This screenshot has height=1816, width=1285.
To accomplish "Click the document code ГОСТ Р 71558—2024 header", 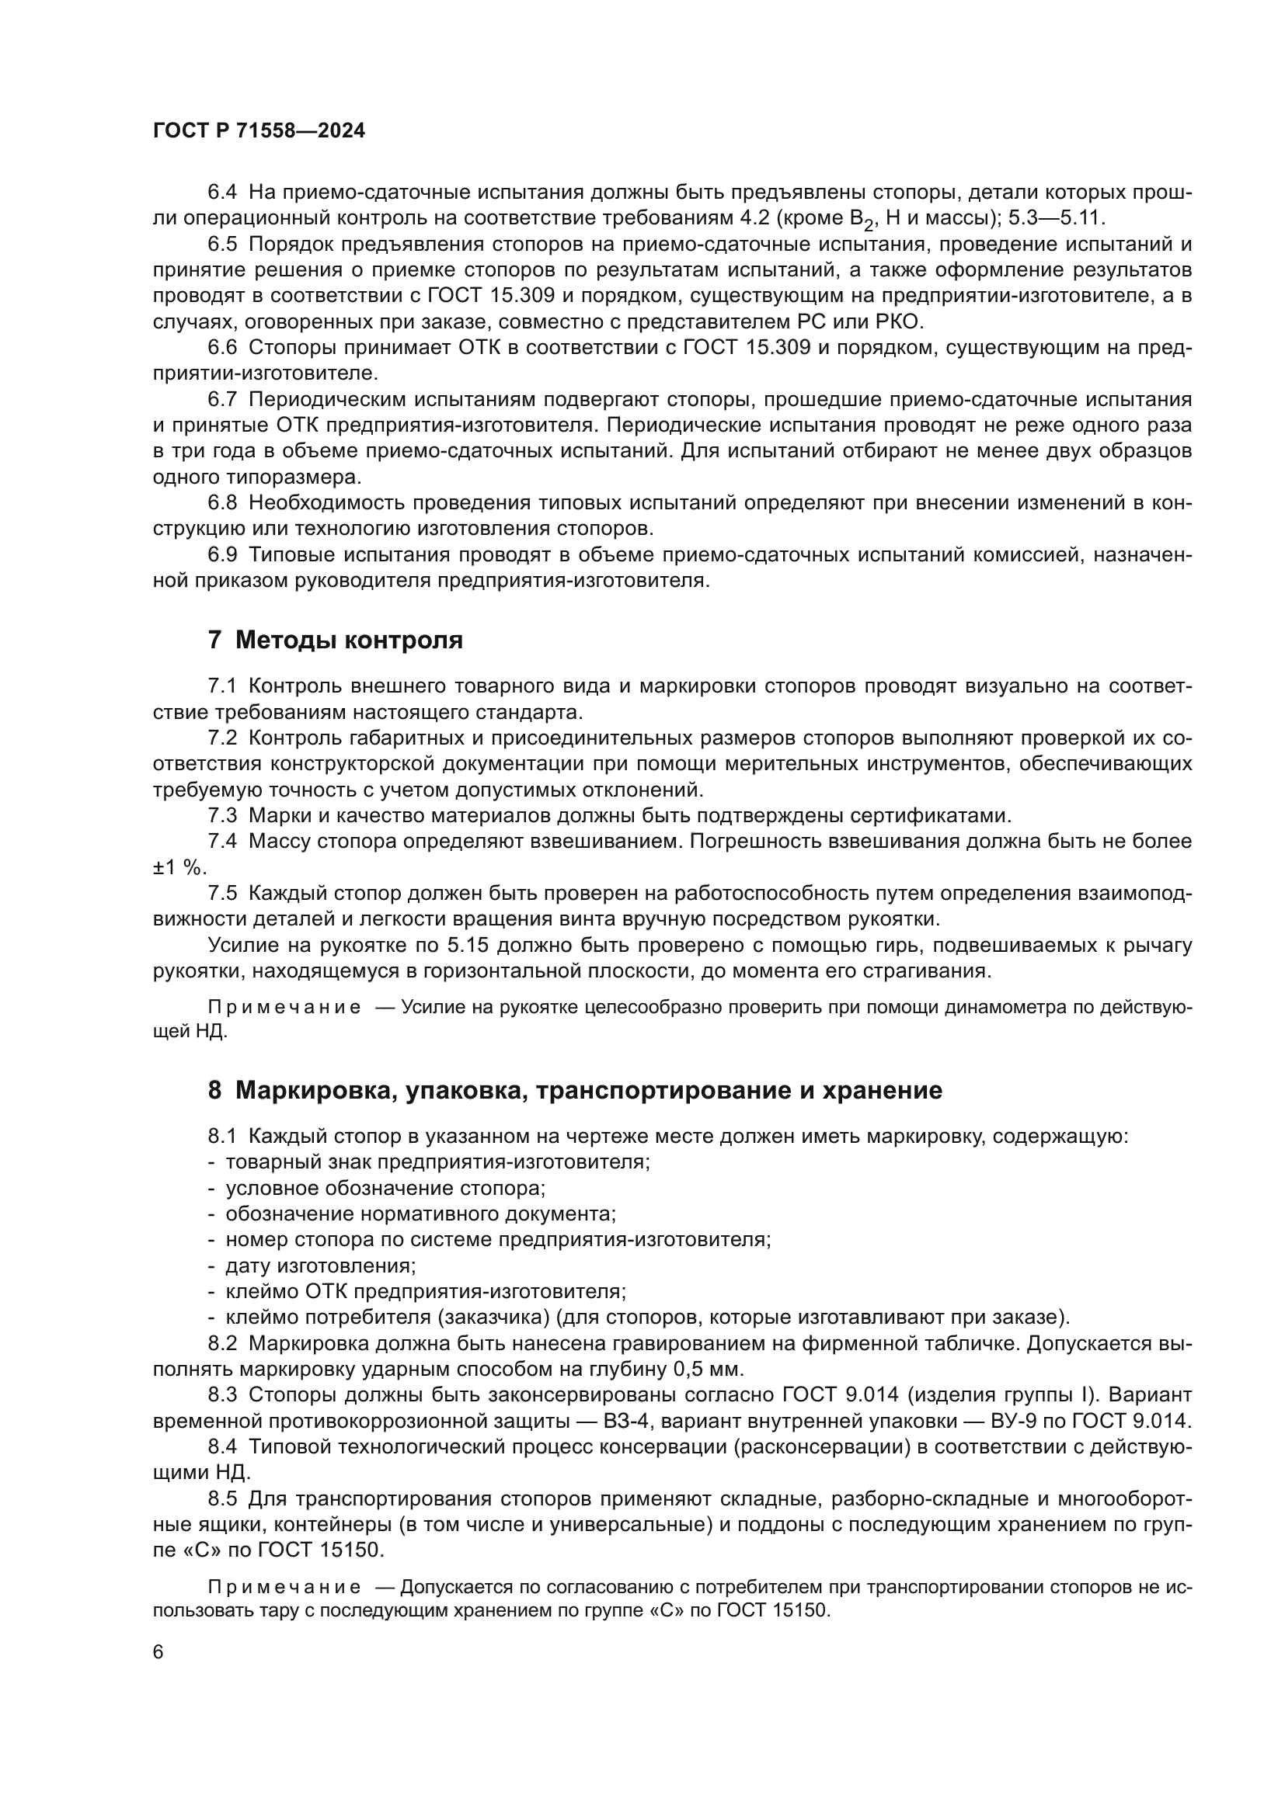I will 259,131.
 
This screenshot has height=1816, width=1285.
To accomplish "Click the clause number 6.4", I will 222,193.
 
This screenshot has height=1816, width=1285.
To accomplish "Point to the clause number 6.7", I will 222,399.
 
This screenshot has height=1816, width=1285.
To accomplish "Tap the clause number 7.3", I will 222,815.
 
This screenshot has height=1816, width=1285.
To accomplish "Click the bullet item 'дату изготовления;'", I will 320,1266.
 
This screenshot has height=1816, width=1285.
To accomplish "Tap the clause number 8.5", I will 222,1498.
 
